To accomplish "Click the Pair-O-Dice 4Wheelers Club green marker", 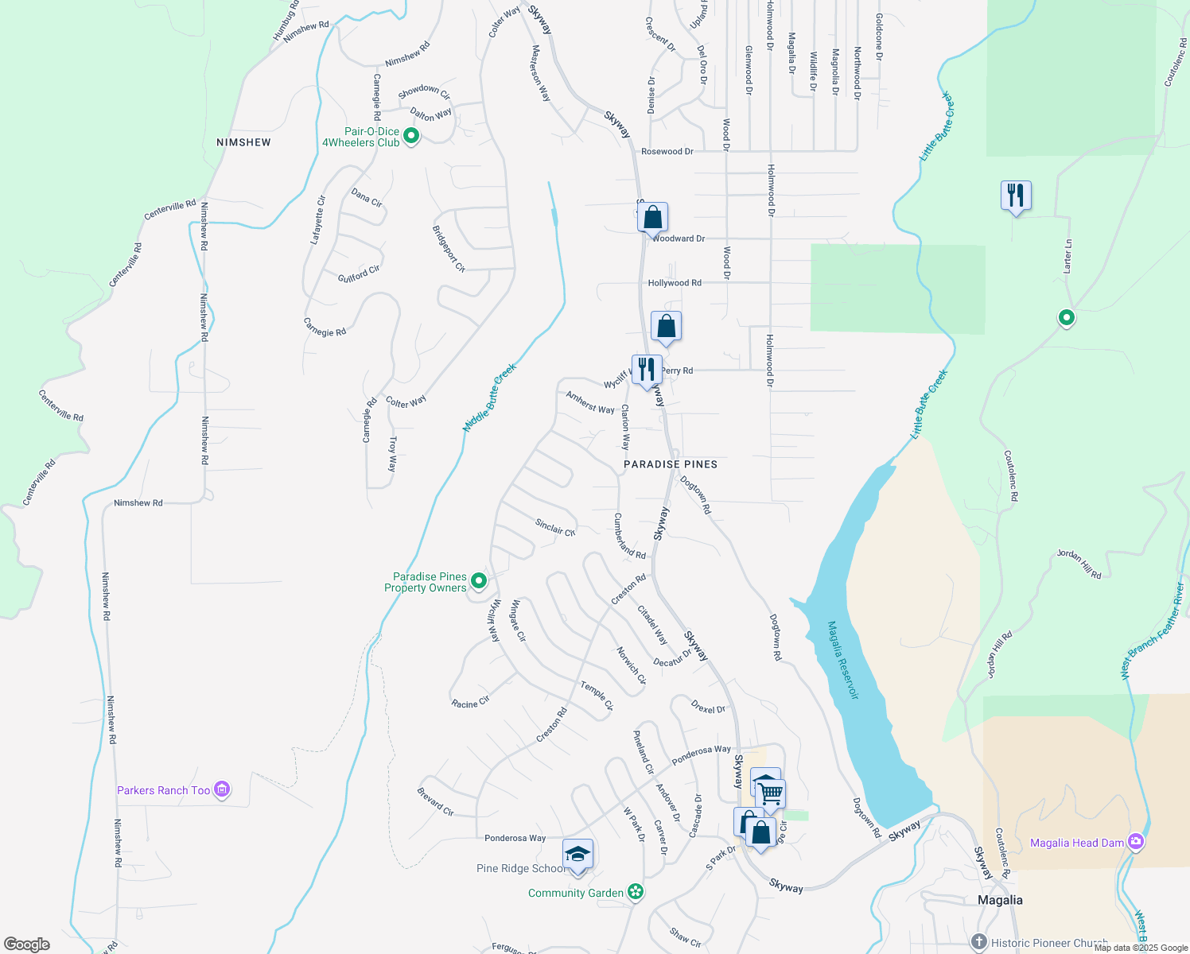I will point(411,136).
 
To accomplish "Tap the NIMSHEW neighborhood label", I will point(243,142).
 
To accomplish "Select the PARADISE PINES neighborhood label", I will point(671,464).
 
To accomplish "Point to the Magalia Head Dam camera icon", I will point(1136,841).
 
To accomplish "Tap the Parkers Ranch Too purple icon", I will point(223,789).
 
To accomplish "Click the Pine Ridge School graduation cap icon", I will point(577,855).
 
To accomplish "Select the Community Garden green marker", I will point(636,892).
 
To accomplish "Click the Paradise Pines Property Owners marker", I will point(479,581).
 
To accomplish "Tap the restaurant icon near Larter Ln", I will point(1016,195).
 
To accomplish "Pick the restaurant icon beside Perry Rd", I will point(647,369).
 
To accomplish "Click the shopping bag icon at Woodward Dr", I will point(652,217).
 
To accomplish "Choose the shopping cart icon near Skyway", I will point(771,793).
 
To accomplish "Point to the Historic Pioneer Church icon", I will point(979,942).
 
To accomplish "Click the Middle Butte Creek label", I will point(490,397).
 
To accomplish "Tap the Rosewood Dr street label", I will point(667,151).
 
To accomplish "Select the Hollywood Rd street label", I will point(675,283).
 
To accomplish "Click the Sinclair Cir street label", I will point(555,528).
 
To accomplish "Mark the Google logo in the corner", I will point(26,944).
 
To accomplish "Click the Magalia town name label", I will point(1000,900).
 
